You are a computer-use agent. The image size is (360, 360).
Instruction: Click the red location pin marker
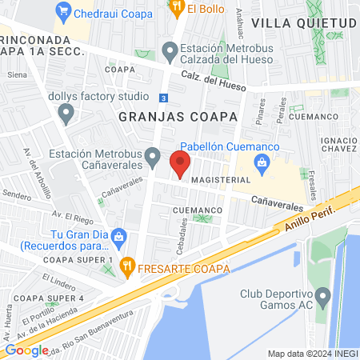(x=180, y=165)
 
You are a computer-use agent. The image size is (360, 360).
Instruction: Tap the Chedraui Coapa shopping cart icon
(x=62, y=12)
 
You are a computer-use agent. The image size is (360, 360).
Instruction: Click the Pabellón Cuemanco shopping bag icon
(x=261, y=162)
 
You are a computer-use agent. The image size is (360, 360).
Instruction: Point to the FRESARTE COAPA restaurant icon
(x=126, y=266)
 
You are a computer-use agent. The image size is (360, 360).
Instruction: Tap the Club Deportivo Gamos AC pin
(x=323, y=299)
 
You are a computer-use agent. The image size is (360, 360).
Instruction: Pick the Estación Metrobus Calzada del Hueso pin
(x=169, y=52)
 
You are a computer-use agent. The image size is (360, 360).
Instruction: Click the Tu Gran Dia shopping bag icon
(x=119, y=236)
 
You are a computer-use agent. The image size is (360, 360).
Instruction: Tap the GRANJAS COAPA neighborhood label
(x=178, y=117)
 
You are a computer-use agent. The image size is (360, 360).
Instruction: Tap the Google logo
(x=26, y=350)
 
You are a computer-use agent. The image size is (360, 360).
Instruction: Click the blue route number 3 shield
(x=162, y=98)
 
